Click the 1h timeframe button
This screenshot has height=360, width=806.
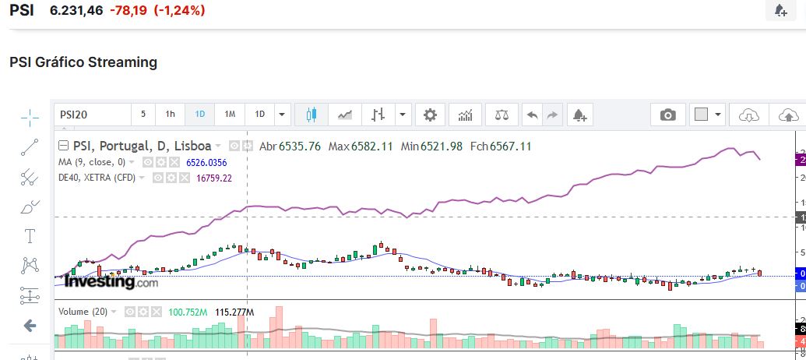tap(170, 115)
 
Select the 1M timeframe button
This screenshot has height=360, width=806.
tap(230, 115)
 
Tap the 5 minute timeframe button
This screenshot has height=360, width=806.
tap(143, 115)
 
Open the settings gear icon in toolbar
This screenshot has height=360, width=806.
tap(430, 115)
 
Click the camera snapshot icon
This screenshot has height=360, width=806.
tap(667, 115)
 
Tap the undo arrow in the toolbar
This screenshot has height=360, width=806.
tap(533, 115)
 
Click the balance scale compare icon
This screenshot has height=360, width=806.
tap(502, 115)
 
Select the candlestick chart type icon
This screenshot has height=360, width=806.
tap(311, 115)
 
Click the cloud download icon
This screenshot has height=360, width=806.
tap(748, 115)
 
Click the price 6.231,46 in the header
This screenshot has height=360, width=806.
tap(76, 10)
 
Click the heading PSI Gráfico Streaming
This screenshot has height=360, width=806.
tap(83, 62)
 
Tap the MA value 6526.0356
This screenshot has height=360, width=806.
tap(206, 162)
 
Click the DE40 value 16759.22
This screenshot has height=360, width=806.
tap(213, 178)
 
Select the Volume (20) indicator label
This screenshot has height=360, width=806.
tap(83, 312)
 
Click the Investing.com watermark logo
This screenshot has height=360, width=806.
tap(111, 282)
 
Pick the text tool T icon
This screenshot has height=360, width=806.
tap(30, 236)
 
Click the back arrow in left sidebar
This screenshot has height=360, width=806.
tap(30, 326)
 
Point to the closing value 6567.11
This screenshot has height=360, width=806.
tap(510, 146)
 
